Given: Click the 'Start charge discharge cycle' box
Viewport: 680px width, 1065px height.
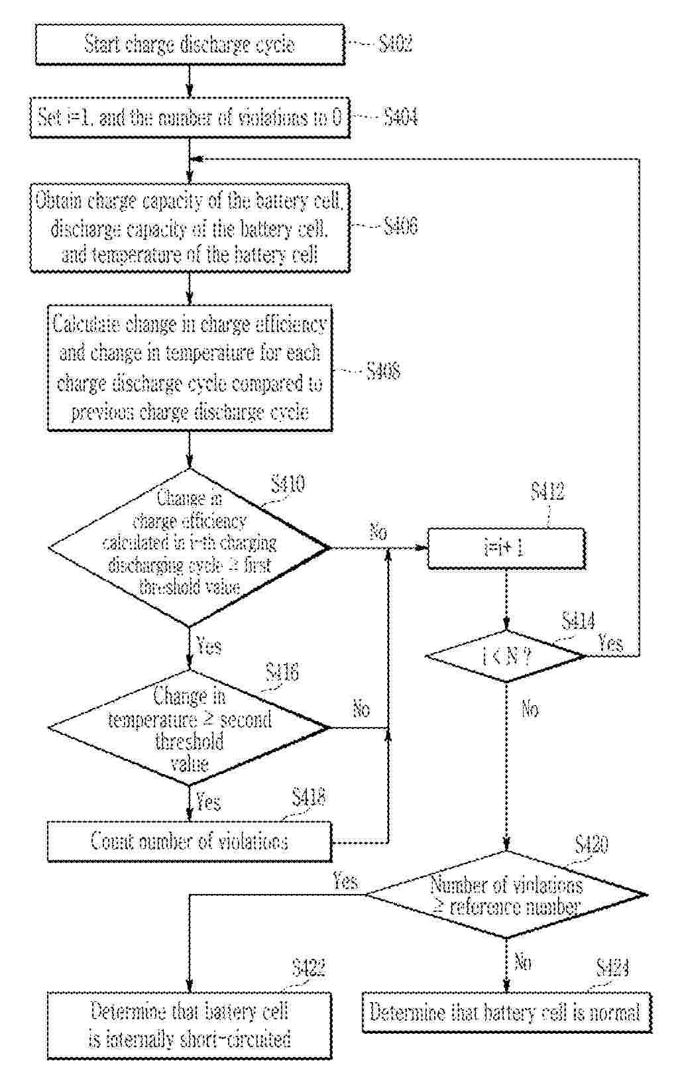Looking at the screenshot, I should (190, 44).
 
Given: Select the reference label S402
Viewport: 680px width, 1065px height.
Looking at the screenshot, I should (396, 44).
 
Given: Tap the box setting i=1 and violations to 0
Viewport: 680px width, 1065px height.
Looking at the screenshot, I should (190, 118).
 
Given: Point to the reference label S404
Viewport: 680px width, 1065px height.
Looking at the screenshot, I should (401, 118).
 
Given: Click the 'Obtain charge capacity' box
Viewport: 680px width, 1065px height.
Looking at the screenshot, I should (190, 227).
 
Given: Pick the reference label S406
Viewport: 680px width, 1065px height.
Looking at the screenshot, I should (401, 227).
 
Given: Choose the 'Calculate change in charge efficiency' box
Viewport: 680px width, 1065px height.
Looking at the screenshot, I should (190, 368).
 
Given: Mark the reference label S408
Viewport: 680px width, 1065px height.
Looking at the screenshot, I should (383, 370).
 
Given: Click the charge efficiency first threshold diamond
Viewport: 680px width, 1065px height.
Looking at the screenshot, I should (190, 548).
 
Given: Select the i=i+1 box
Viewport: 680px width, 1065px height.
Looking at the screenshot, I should (506, 549).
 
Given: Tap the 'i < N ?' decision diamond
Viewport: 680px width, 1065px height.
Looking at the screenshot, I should (506, 656).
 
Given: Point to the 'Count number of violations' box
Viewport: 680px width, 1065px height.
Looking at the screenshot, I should (190, 842).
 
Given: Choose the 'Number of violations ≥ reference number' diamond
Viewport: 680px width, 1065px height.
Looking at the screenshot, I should (506, 895).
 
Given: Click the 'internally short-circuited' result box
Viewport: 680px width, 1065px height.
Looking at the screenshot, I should (190, 1025).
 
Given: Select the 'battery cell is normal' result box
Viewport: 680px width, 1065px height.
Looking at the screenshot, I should (506, 1012).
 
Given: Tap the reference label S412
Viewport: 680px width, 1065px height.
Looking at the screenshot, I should (547, 492).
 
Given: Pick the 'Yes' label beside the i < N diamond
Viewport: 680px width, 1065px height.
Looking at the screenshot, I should (610, 643).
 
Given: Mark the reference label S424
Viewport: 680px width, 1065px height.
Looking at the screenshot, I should (612, 968).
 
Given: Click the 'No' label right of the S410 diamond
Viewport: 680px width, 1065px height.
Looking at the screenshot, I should (378, 532).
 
